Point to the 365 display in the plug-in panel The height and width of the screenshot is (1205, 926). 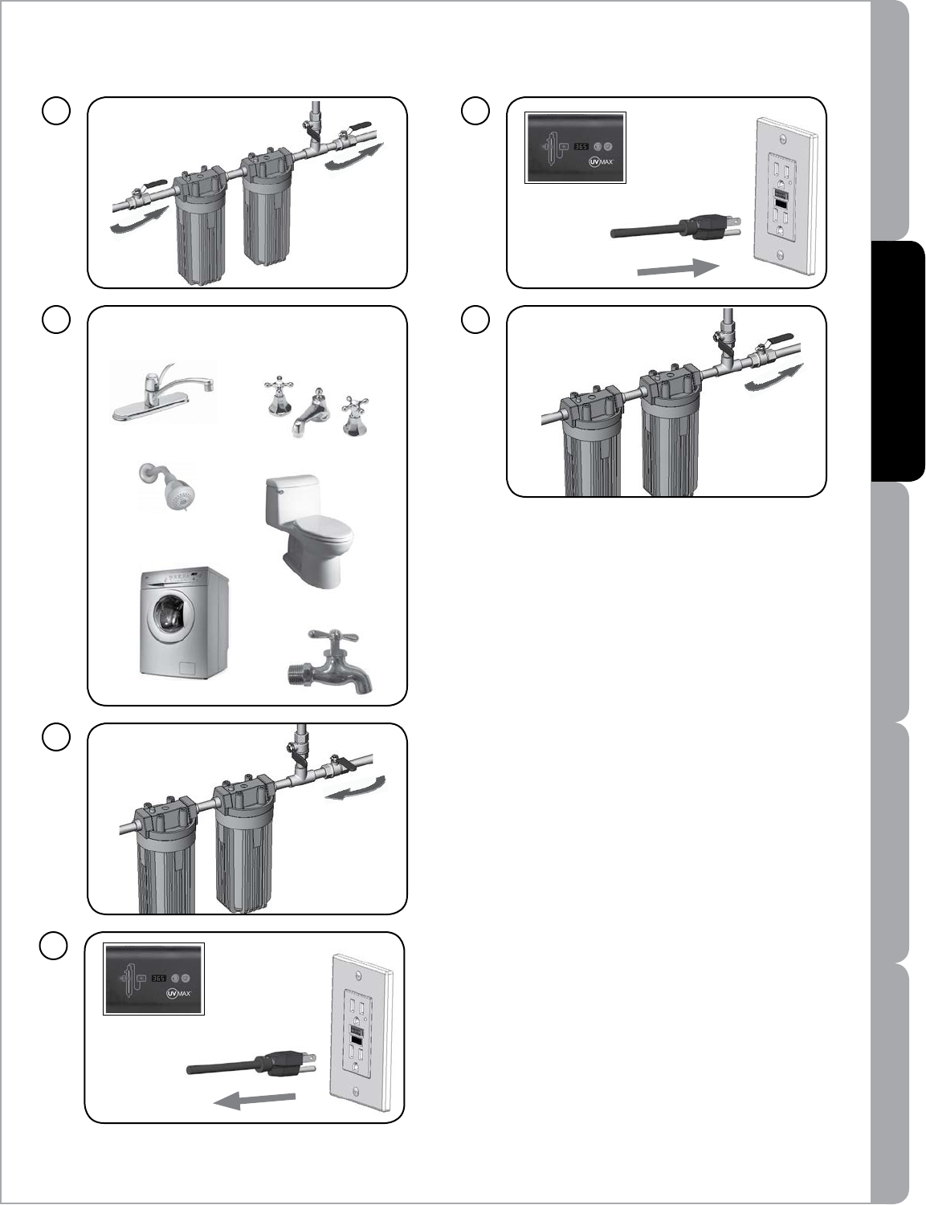pyautogui.click(x=581, y=147)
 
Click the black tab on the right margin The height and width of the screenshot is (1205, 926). pyautogui.click(x=897, y=361)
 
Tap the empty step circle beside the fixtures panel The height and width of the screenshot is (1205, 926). pyautogui.click(x=55, y=320)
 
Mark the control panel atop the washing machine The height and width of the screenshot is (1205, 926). pyautogui.click(x=184, y=575)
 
